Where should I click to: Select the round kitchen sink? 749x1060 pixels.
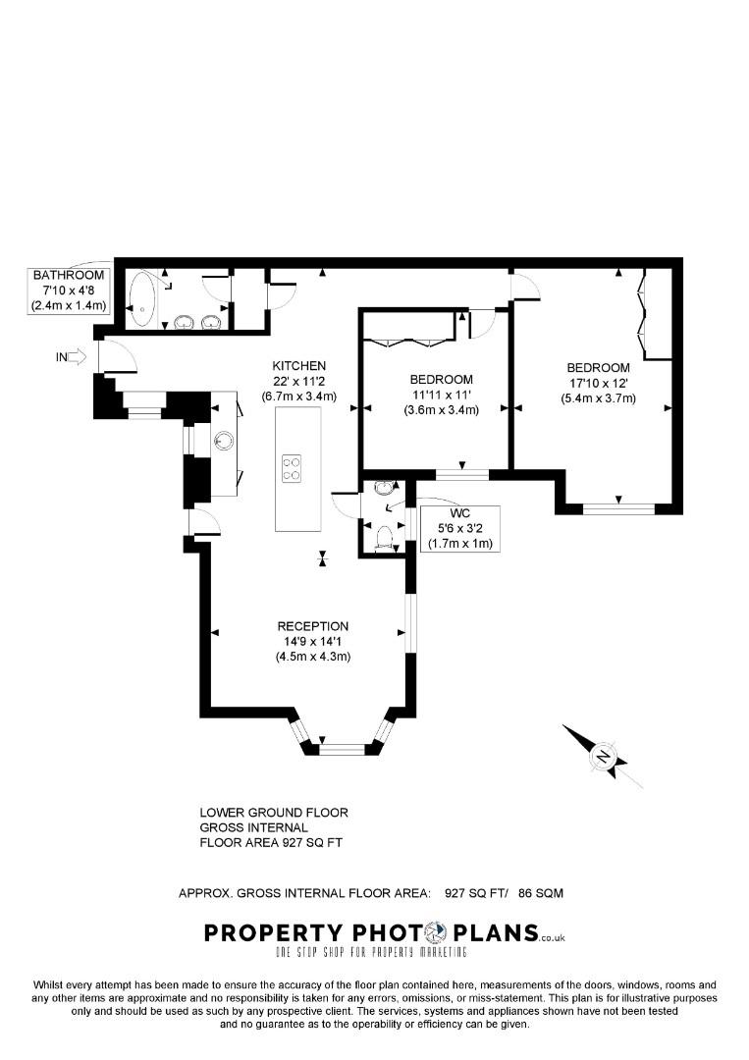pos(223,441)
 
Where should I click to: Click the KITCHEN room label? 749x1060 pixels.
pos(299,365)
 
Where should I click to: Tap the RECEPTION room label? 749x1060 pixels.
pos(312,626)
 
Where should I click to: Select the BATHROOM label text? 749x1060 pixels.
pos(69,276)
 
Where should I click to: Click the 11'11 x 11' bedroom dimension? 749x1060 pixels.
pos(441,395)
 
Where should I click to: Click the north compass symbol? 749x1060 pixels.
pos(603,757)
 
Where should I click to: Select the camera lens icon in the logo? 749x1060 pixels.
pos(436,931)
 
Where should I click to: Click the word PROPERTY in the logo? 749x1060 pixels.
pos(260,932)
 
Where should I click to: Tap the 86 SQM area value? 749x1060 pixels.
pos(540,893)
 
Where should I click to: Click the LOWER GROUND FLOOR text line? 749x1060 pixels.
pos(274,813)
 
